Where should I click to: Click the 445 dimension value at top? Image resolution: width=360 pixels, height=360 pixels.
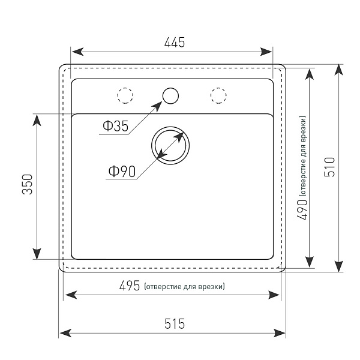coord(175,42)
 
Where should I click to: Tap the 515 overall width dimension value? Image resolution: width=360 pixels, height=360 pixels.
coord(175,323)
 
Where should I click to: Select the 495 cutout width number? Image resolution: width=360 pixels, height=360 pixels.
coord(130,286)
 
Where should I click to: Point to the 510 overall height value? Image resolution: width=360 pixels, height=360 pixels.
coord(329,167)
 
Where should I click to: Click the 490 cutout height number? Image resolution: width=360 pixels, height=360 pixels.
coord(302,209)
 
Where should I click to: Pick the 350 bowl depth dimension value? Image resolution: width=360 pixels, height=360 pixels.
coord(28,184)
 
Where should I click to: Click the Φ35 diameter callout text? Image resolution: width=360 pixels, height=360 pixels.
coord(115,126)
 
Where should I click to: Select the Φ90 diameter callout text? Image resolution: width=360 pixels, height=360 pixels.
coord(122,171)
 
